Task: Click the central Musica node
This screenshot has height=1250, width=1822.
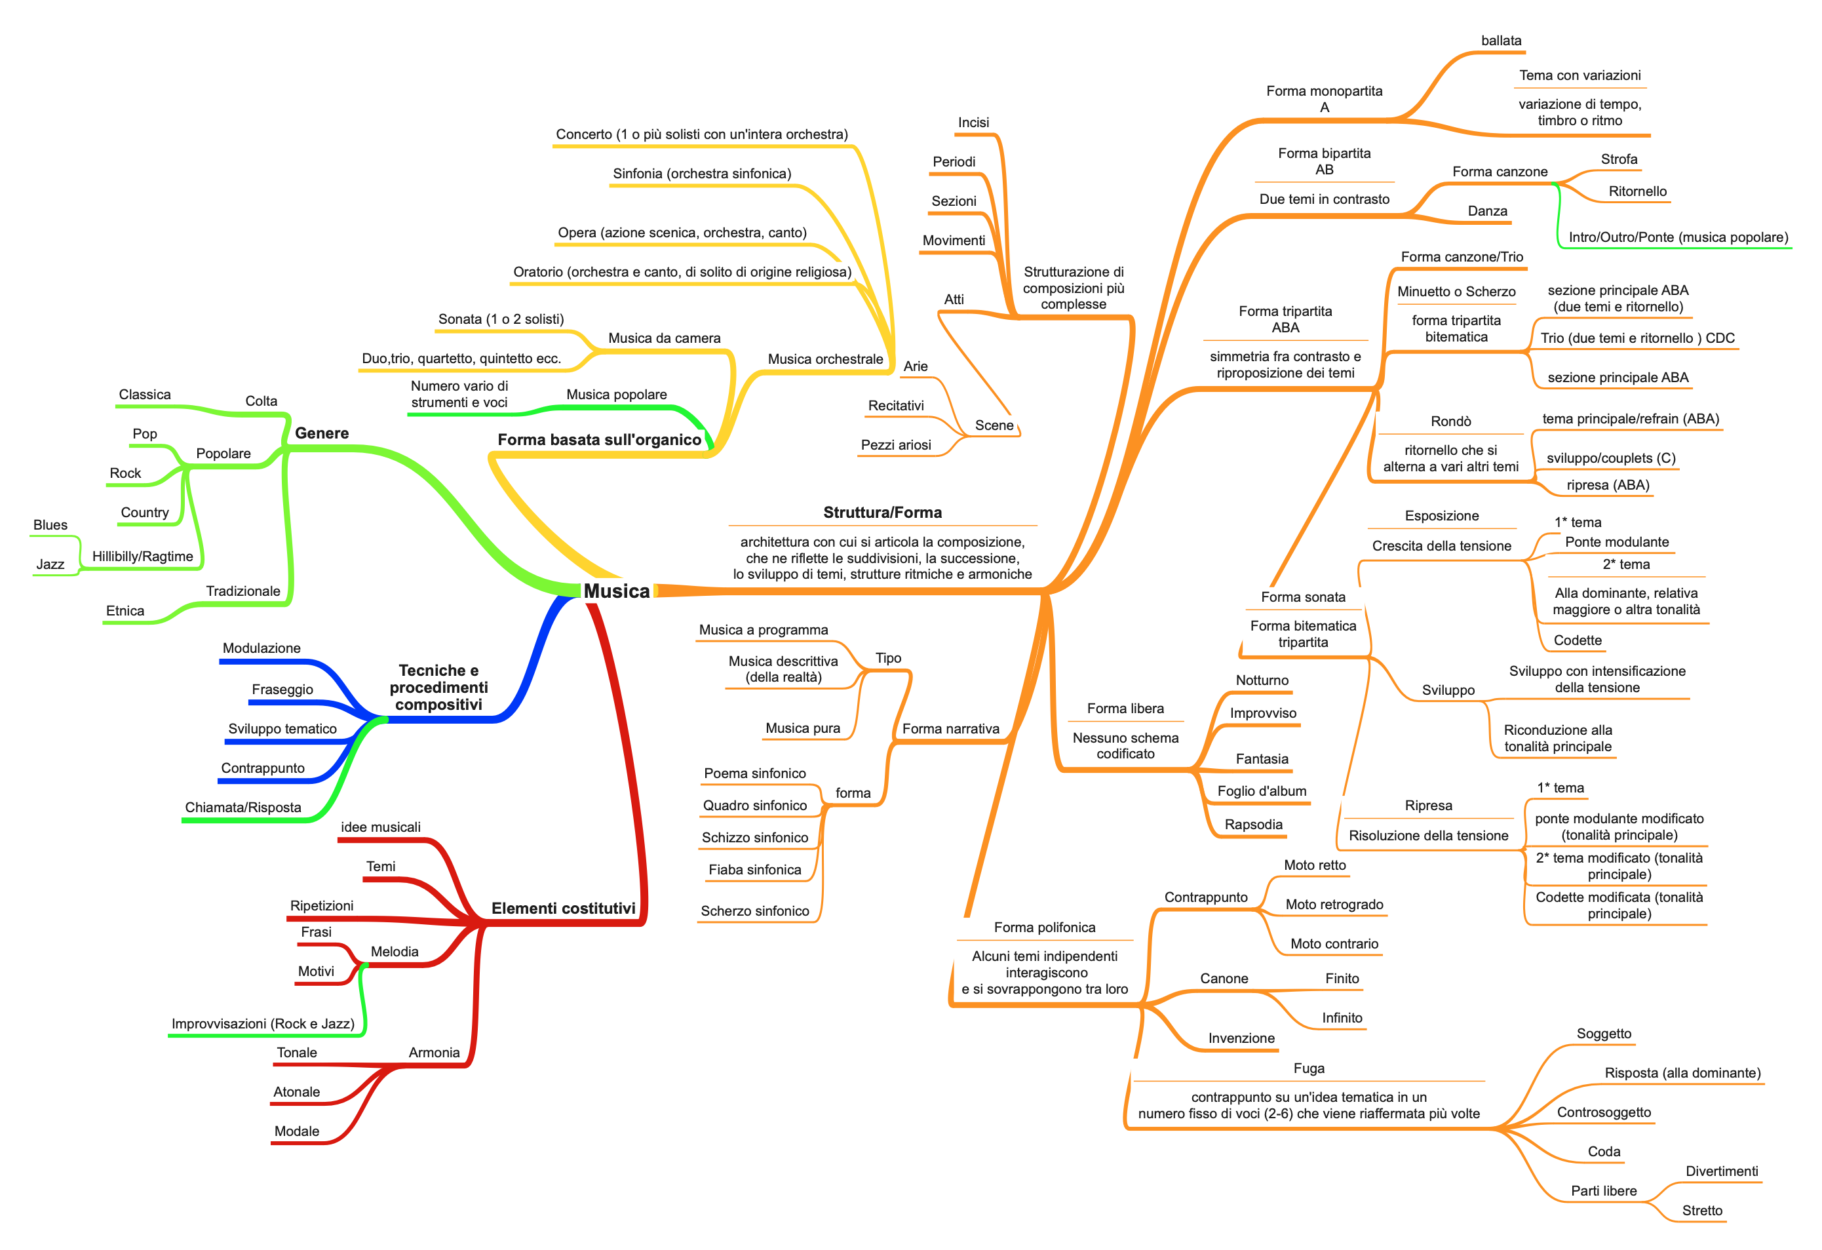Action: tap(616, 591)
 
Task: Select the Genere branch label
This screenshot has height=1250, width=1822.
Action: tap(321, 433)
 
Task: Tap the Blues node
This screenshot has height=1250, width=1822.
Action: tap(50, 524)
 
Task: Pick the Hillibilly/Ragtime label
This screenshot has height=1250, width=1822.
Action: tap(143, 556)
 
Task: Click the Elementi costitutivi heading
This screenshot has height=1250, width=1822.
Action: tap(563, 908)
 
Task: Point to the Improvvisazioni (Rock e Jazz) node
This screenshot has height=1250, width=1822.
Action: tap(263, 1023)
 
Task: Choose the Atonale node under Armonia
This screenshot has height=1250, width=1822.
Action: tap(296, 1091)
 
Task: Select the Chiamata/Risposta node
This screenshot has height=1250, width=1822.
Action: tap(243, 807)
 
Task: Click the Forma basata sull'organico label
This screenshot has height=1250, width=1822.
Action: tap(599, 439)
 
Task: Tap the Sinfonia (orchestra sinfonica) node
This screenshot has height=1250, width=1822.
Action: tap(702, 173)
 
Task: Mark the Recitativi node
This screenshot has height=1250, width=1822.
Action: tap(896, 406)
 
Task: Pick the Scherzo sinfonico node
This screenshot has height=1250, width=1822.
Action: tap(754, 910)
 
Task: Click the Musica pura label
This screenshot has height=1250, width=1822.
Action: tap(803, 728)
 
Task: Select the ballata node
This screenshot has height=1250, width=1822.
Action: tap(1502, 40)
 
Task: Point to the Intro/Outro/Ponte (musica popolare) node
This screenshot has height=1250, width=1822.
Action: tap(1678, 237)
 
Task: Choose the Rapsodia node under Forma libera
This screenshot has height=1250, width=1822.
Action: tap(1254, 824)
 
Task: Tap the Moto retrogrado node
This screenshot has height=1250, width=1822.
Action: tap(1334, 904)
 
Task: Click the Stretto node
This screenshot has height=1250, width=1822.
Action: tap(1702, 1210)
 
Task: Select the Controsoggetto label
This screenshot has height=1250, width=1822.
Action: tap(1604, 1112)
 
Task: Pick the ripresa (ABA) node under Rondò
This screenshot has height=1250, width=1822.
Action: tap(1608, 484)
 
